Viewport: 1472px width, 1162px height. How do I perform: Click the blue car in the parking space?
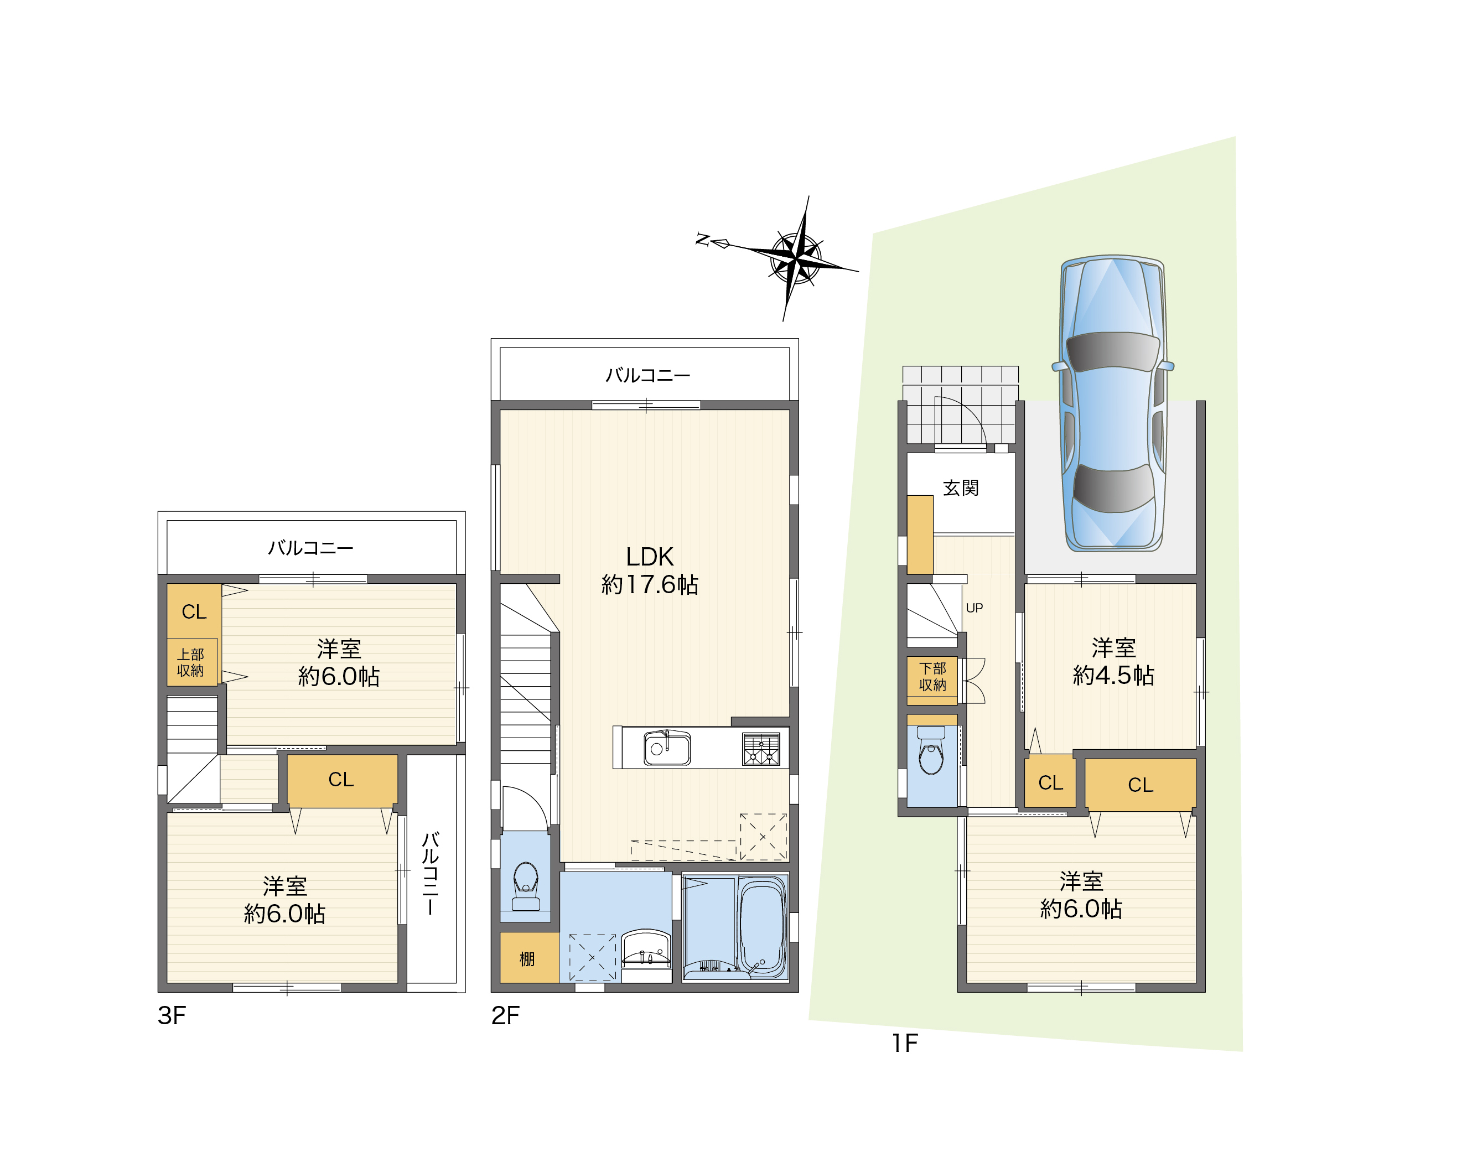(1113, 403)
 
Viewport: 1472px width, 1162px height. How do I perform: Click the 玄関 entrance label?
(961, 488)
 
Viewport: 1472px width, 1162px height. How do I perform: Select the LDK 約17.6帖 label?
(650, 570)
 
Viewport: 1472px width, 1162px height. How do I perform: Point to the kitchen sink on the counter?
(667, 748)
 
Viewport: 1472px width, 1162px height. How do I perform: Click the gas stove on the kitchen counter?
(761, 748)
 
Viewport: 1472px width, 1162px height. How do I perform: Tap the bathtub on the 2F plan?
(763, 927)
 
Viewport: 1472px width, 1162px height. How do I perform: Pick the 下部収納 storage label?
(932, 677)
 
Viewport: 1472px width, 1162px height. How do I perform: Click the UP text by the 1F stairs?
(974, 608)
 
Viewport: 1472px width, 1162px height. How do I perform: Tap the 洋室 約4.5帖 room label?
(1113, 661)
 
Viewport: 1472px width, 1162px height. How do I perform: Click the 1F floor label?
(905, 1043)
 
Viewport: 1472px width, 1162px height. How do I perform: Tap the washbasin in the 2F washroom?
(646, 950)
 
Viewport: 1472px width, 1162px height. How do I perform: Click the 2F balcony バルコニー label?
(648, 375)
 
